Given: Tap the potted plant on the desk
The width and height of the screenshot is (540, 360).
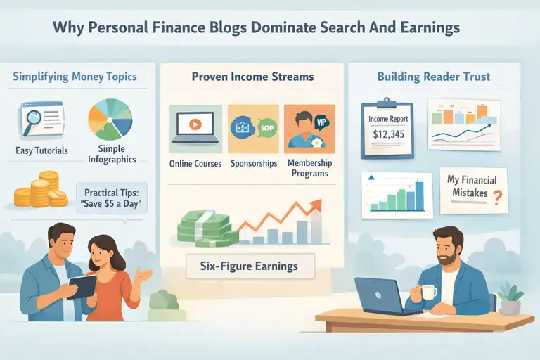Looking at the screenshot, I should point(510,300).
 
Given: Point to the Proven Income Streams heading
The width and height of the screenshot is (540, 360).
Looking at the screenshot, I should point(251,77).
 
